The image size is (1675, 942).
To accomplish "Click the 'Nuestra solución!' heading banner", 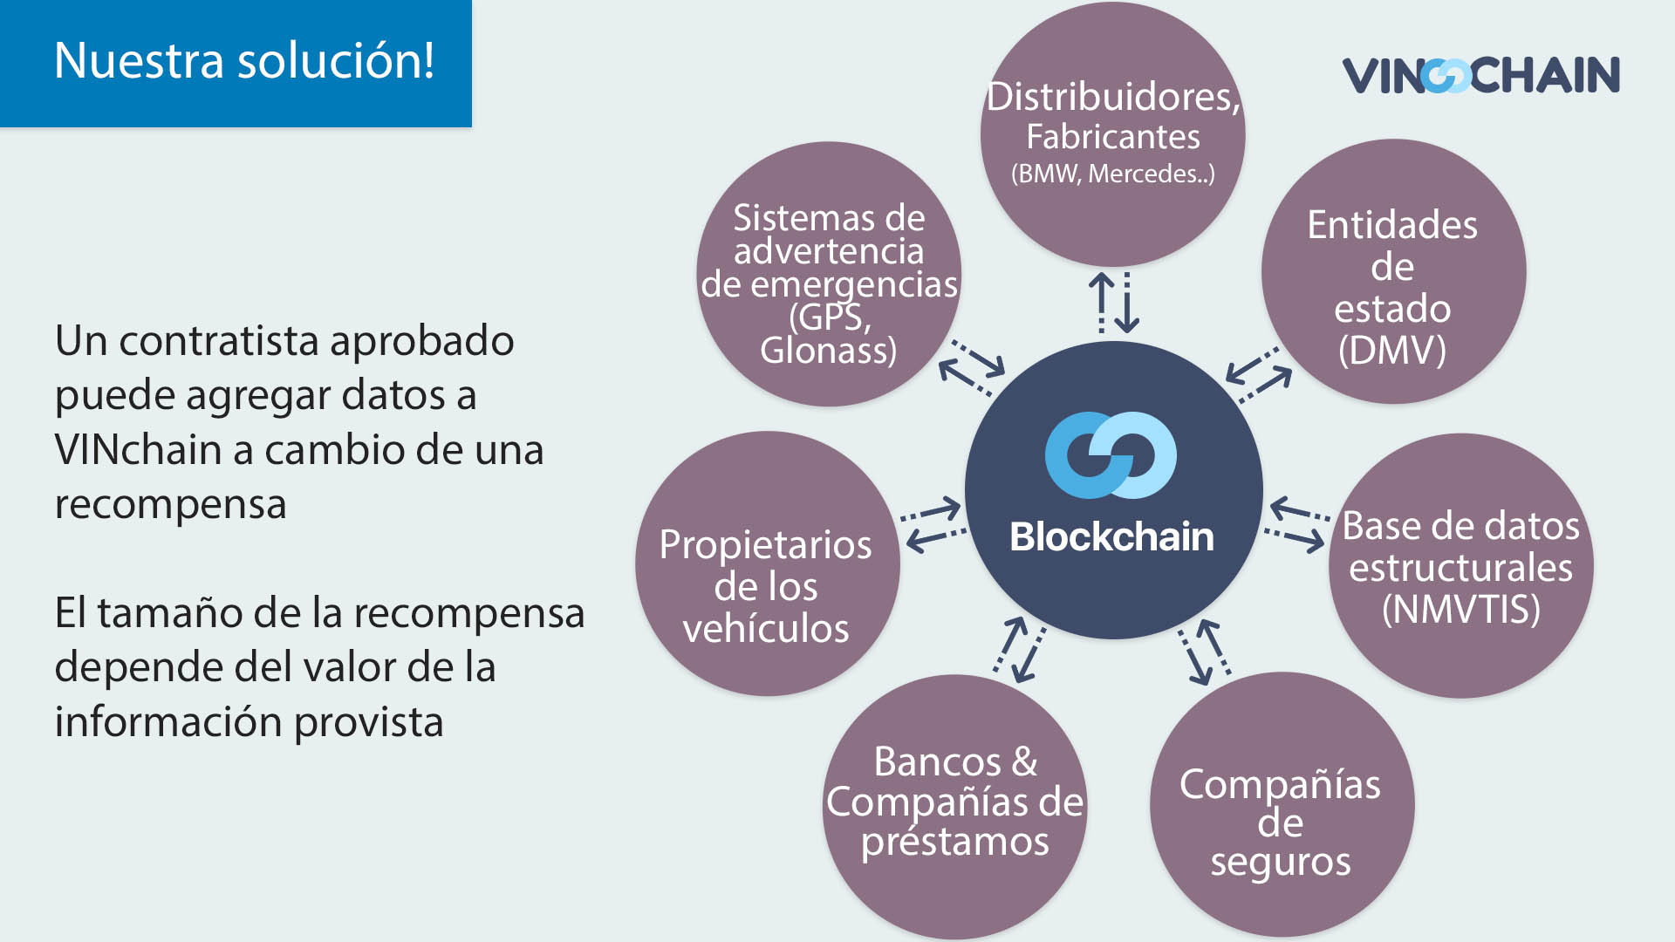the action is tap(236, 63).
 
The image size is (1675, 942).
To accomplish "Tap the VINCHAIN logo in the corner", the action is tap(1480, 75).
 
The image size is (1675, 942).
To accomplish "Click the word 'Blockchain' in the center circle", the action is tap(1111, 536).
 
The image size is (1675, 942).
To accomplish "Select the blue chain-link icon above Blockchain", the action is tap(1111, 455).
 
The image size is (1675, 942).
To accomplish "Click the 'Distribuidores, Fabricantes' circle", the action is tap(1113, 134).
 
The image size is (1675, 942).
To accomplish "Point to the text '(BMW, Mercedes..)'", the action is tap(1113, 174).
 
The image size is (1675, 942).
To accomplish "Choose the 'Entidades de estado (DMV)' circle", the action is tap(1393, 271).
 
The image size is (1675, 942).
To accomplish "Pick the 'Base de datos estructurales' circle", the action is tap(1461, 565).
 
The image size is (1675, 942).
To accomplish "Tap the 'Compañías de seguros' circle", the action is tap(1282, 804).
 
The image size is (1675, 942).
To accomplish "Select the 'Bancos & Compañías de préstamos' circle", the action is tap(955, 807).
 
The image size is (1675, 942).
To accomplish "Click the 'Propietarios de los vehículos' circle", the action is tap(767, 563).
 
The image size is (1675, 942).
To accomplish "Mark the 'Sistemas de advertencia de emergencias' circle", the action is tap(829, 274).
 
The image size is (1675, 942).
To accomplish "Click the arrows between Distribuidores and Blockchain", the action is tap(1114, 303).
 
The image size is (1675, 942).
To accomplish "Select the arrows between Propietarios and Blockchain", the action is tap(933, 525).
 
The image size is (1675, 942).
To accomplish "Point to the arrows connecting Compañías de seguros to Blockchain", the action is tap(1205, 652).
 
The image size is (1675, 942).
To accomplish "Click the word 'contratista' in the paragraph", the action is tap(217, 341).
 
